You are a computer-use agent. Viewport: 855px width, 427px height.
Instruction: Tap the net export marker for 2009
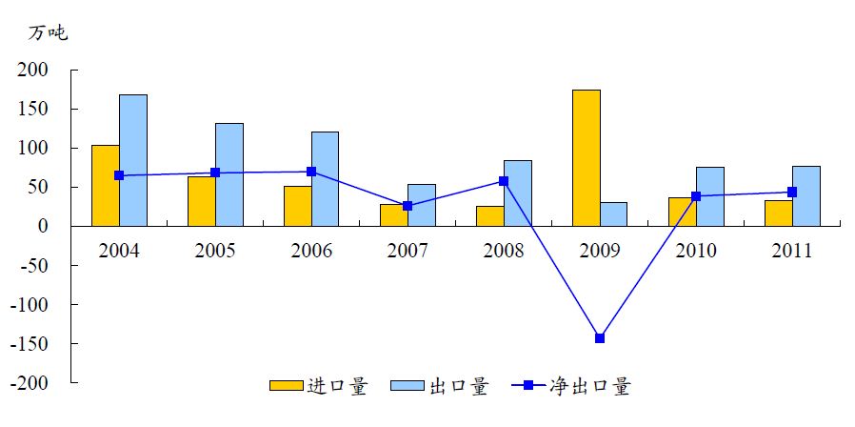coord(600,338)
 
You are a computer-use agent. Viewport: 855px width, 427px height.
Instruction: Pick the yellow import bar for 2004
coord(105,186)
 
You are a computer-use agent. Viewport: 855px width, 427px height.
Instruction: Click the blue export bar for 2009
coord(614,214)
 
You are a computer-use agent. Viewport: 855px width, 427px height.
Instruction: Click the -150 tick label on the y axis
coord(28,343)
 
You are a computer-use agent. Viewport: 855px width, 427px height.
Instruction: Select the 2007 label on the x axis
coord(408,251)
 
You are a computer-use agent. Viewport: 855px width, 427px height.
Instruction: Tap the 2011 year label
coord(792,251)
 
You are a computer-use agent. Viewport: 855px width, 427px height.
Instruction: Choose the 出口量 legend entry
coord(458,386)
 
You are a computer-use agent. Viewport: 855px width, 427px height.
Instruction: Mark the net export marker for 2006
coord(311,172)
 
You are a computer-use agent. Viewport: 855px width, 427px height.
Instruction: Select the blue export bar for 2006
coord(326,178)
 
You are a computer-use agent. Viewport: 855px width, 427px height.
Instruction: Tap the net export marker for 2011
coord(792,192)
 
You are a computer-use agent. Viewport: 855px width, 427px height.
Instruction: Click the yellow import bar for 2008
coord(490,216)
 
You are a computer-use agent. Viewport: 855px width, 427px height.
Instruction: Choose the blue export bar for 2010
coord(710,196)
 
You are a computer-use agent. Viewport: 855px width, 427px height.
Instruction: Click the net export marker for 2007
coord(408,206)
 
